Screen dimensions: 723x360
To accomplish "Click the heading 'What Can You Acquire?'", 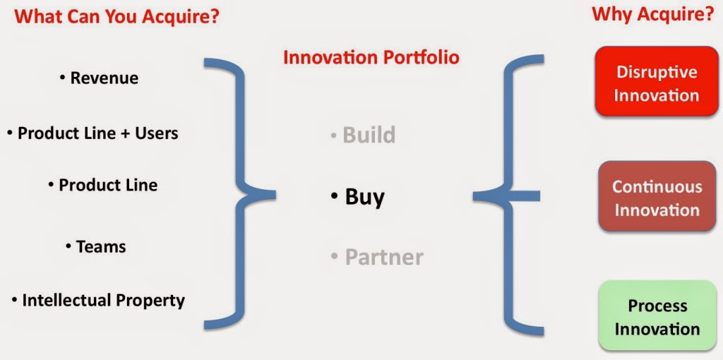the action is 117,17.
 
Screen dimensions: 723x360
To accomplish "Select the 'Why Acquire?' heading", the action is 652,15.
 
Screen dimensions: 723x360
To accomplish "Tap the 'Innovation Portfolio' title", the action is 371,58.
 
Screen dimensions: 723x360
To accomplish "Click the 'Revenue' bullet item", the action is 99,78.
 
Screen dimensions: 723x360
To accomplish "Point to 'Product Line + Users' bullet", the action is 92,133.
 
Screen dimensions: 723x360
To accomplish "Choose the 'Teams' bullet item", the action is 96,246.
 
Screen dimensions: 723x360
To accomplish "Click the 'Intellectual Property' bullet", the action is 98,301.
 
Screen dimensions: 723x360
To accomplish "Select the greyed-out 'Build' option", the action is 364,135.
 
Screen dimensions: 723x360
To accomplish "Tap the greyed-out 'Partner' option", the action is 377,257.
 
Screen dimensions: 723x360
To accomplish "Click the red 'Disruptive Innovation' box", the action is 657,81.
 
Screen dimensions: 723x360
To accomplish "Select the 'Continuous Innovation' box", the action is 657,196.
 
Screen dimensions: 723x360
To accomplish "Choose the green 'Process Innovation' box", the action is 657,316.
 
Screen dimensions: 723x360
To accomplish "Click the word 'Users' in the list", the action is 156,133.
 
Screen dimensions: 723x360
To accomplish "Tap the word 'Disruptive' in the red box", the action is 657,72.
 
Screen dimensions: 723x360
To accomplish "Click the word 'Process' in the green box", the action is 657,306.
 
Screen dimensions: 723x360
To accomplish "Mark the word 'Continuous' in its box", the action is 657,187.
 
